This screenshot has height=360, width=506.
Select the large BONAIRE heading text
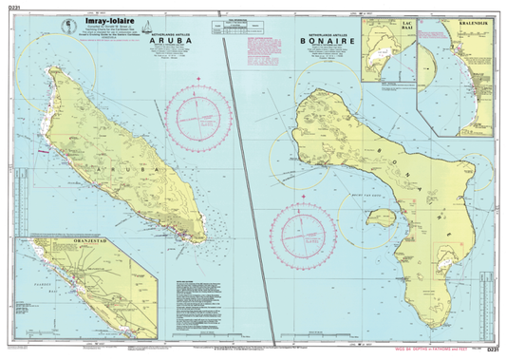click(x=327, y=41)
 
